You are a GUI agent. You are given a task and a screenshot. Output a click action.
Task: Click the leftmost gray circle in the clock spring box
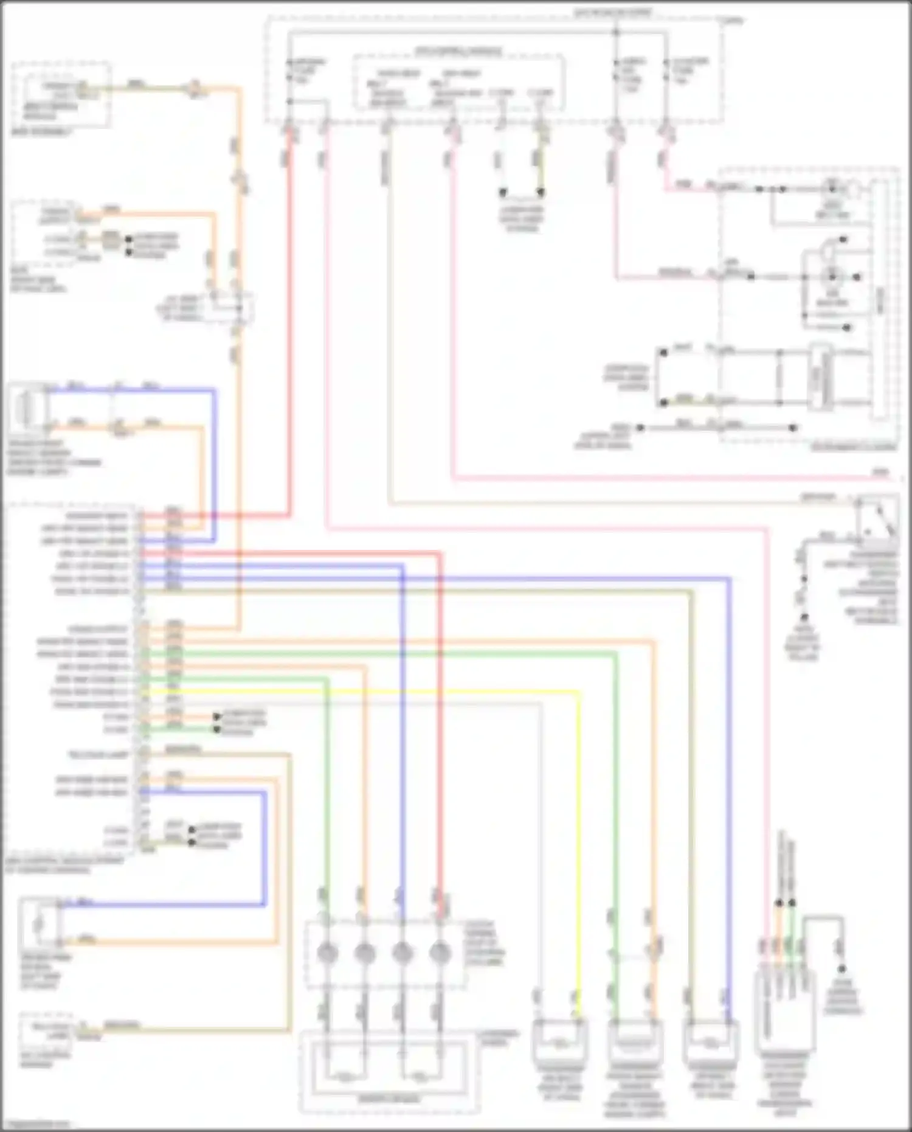[x=327, y=953]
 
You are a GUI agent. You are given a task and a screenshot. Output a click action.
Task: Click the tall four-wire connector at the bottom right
[x=785, y=1010]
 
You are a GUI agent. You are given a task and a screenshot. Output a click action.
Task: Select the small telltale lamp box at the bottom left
[x=45, y=1031]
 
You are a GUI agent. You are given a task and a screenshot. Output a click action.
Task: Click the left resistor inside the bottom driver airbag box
[x=345, y=1077]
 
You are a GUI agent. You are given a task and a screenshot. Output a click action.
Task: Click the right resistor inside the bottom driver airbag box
[x=420, y=1077]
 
